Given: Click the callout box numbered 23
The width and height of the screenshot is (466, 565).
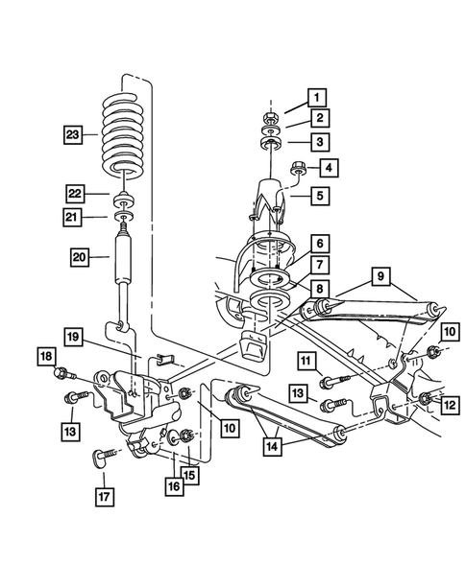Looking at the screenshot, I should click(x=74, y=134).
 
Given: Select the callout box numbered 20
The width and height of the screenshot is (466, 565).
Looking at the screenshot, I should click(x=82, y=256).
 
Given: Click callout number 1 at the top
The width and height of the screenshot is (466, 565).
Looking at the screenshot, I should click(x=316, y=96).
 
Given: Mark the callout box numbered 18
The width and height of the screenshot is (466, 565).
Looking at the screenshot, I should click(x=47, y=356).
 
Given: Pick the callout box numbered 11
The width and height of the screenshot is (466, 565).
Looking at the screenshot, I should click(x=307, y=361).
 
